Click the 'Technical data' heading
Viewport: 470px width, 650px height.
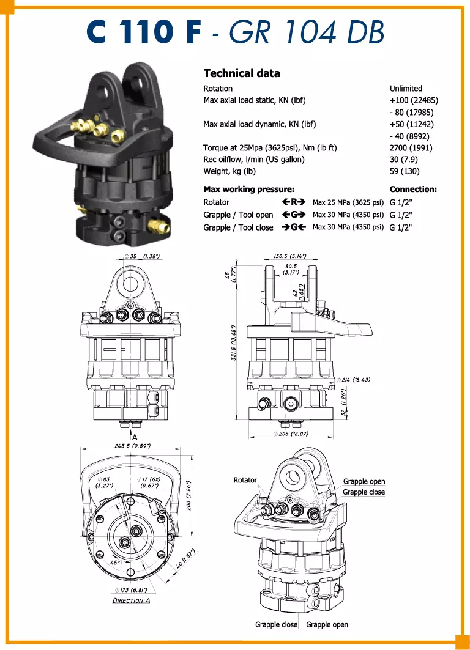click(x=241, y=73)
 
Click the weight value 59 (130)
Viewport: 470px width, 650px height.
click(x=405, y=171)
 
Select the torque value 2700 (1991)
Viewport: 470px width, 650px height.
click(x=411, y=148)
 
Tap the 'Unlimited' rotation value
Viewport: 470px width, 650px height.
click(x=406, y=89)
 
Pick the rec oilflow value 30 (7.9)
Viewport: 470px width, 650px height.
click(x=405, y=160)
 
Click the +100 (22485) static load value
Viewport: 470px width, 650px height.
click(x=414, y=100)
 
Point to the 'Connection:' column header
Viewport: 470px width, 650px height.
click(x=413, y=190)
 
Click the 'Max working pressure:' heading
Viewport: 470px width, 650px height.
click(x=248, y=190)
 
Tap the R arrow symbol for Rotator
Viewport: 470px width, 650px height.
click(x=293, y=202)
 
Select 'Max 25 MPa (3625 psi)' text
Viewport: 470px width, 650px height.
click(x=348, y=202)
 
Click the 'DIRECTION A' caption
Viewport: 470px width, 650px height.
click(x=131, y=600)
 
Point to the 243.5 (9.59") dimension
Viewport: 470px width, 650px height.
click(x=132, y=446)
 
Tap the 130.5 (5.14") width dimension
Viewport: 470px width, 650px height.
click(x=290, y=256)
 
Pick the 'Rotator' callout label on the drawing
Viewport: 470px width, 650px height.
click(x=245, y=481)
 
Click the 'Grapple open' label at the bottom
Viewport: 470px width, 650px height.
click(x=327, y=624)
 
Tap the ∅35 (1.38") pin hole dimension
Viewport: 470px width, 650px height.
click(x=141, y=256)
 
